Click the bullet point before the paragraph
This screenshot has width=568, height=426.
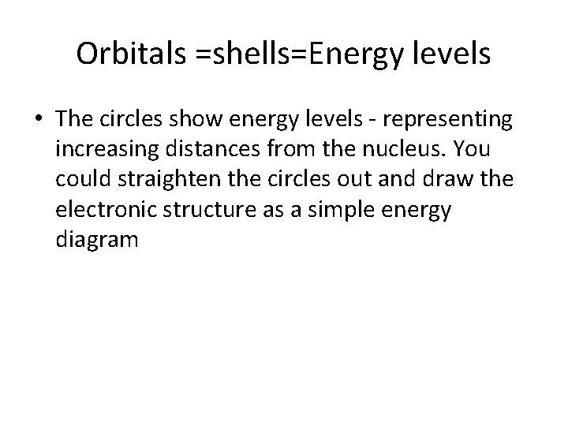(x=39, y=121)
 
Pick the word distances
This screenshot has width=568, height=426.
(x=207, y=150)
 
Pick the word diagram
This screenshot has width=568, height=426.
(x=97, y=241)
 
